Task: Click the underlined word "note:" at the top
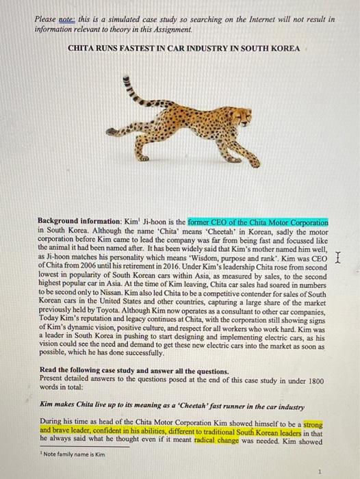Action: click(x=66, y=20)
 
